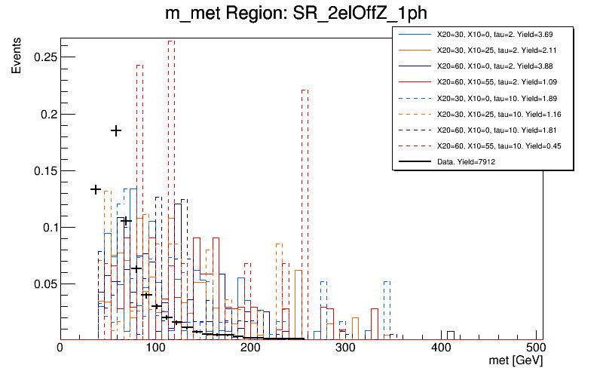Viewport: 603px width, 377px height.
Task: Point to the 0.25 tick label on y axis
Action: pyautogui.click(x=38, y=57)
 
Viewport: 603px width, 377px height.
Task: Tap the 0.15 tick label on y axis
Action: pyautogui.click(x=38, y=170)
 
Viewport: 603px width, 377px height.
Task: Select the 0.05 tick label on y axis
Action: pyautogui.click(x=38, y=284)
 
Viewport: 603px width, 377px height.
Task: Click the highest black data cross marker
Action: pyautogui.click(x=116, y=130)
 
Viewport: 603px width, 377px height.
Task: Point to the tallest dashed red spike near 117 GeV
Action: pyautogui.click(x=171, y=151)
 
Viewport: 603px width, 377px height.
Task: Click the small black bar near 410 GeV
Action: pyautogui.click(x=450, y=334)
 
